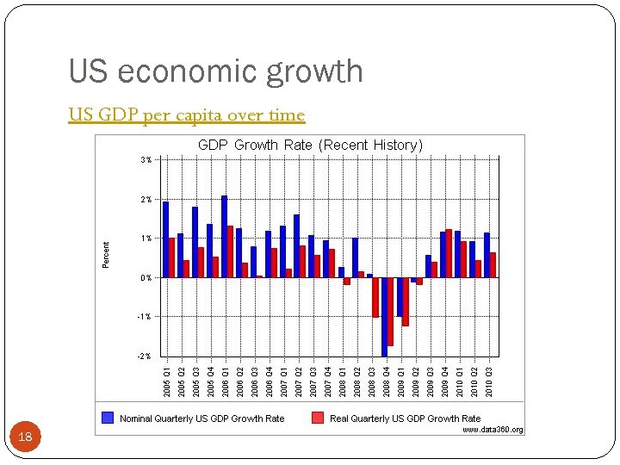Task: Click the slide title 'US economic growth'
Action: [x=215, y=71]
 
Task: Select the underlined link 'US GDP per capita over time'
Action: [x=187, y=115]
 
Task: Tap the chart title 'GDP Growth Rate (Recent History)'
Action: [x=310, y=146]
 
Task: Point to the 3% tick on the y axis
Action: [x=146, y=160]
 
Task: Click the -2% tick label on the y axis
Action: [x=146, y=356]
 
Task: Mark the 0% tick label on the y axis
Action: [x=146, y=277]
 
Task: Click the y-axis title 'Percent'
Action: [x=106, y=254]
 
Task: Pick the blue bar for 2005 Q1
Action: [x=165, y=239]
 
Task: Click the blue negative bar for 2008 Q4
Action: [x=384, y=316]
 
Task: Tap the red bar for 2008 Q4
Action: [x=390, y=311]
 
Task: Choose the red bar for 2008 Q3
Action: [x=375, y=297]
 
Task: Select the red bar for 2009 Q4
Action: [x=449, y=253]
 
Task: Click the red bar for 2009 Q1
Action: [x=405, y=301]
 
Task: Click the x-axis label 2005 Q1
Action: [x=166, y=381]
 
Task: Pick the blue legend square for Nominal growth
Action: [x=108, y=418]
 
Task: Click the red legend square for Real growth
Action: [x=318, y=418]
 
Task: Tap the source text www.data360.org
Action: [x=493, y=430]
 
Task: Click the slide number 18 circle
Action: [x=26, y=437]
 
